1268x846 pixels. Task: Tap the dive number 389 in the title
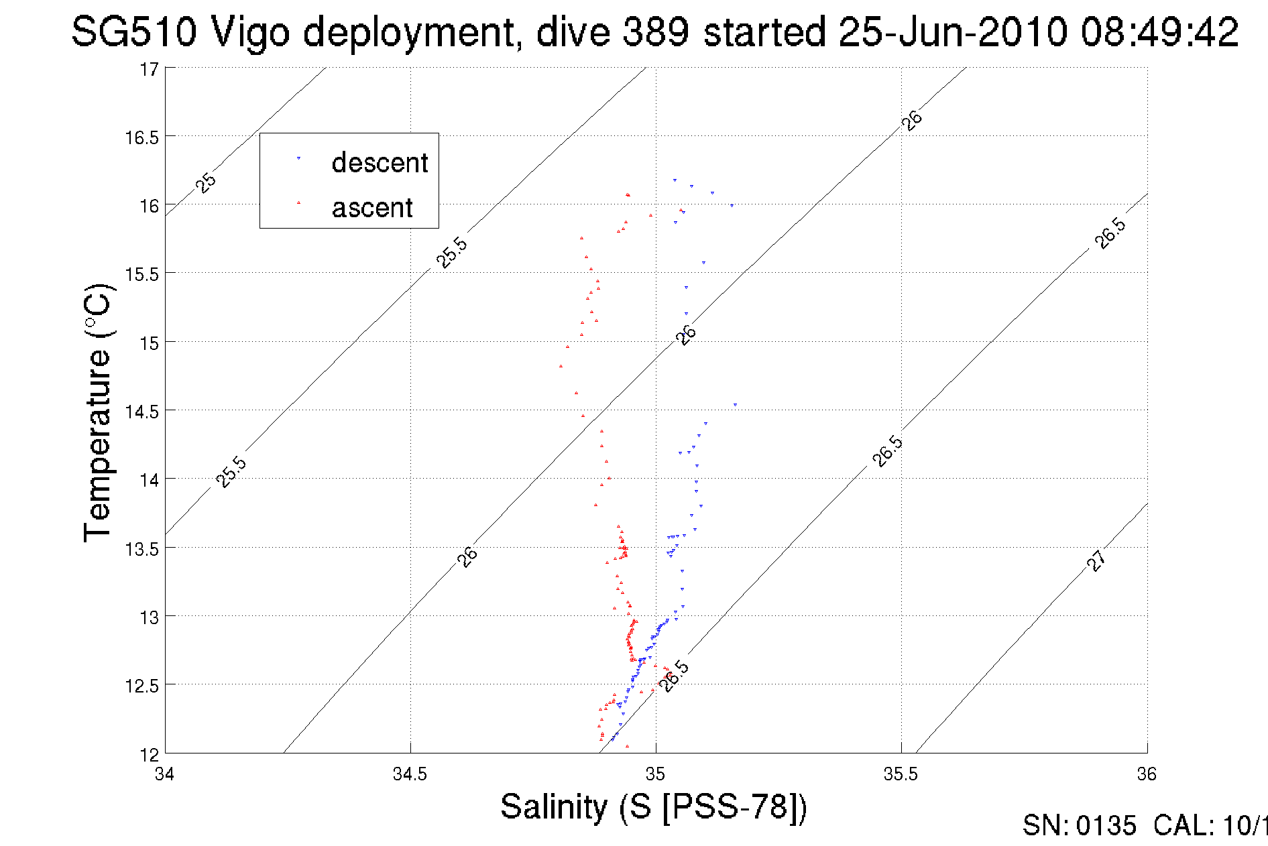(655, 32)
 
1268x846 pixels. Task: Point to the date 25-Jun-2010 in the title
(953, 32)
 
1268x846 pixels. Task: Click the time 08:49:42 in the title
(1159, 32)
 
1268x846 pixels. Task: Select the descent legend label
(380, 163)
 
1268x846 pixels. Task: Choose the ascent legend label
(372, 208)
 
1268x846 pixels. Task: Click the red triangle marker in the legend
(298, 202)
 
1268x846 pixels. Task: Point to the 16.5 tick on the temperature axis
(141, 137)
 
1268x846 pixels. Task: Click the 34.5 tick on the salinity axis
(410, 774)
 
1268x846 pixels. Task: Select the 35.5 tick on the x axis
(901, 774)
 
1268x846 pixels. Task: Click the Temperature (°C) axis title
(98, 412)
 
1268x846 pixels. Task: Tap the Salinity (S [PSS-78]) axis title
(654, 806)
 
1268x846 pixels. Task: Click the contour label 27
(1096, 560)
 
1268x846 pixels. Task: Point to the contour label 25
(207, 182)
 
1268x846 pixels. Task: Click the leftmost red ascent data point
(561, 366)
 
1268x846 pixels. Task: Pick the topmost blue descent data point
(675, 180)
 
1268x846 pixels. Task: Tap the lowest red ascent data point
(627, 746)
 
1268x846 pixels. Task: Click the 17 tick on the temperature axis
(149, 69)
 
